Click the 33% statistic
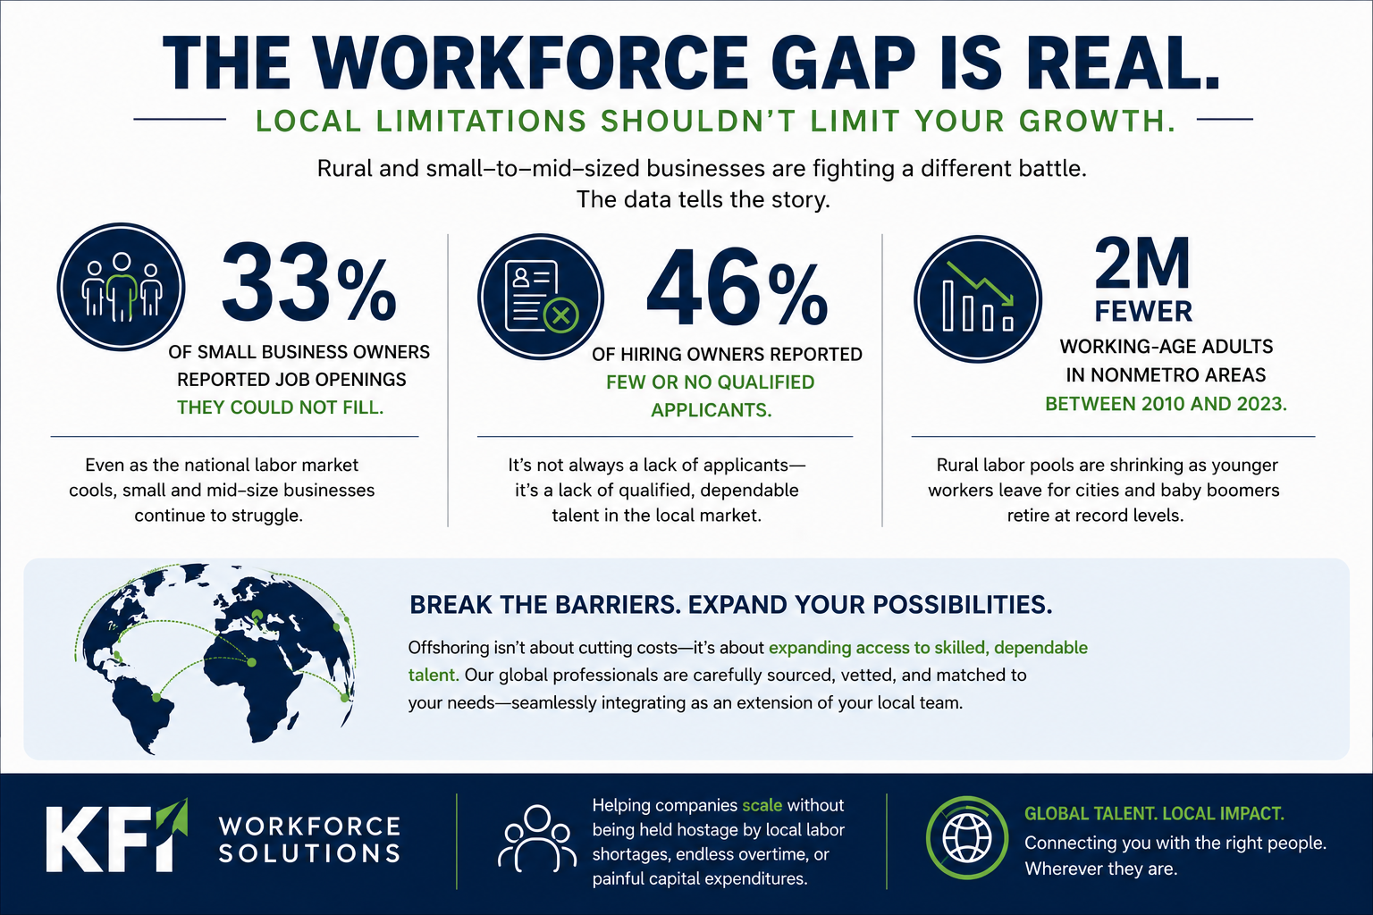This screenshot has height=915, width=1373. click(309, 284)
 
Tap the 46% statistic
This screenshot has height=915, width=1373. click(737, 288)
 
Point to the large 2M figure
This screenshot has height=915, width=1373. click(1141, 264)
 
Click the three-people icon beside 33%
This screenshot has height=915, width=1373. click(122, 287)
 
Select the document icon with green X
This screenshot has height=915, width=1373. click(541, 297)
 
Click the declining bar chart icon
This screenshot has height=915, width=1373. click(978, 299)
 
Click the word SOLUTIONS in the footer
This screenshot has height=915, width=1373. click(309, 853)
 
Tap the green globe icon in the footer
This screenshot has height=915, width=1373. click(966, 837)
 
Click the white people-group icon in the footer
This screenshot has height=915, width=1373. click(537, 838)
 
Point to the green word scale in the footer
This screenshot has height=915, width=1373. click(762, 805)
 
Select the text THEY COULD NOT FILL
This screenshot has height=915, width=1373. click(280, 407)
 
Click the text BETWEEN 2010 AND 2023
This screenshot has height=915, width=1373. click(1166, 404)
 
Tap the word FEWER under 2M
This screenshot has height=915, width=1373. click(1143, 311)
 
